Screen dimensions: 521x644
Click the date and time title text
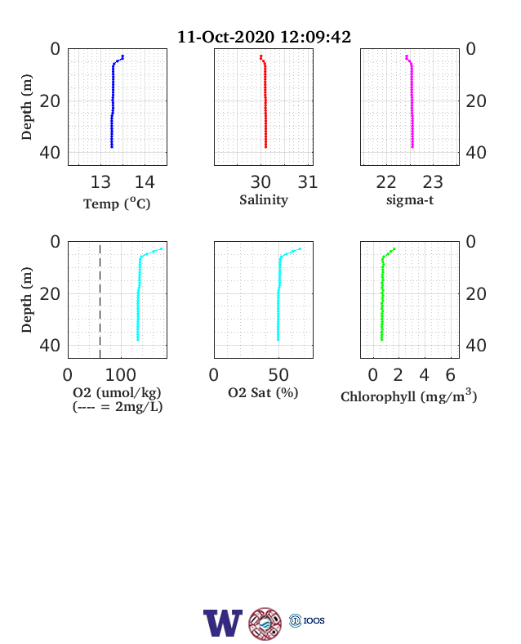pyautogui.click(x=264, y=37)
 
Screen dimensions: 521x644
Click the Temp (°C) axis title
pyautogui.click(x=117, y=203)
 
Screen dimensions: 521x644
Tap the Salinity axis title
pyautogui.click(x=264, y=200)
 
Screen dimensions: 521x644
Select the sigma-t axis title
pyautogui.click(x=410, y=200)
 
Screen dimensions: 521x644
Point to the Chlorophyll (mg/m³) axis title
pyautogui.click(x=408, y=396)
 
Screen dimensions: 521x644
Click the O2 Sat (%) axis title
pyautogui.click(x=263, y=392)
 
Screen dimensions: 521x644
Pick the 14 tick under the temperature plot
pyautogui.click(x=145, y=182)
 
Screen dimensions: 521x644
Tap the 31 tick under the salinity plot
pyautogui.click(x=308, y=182)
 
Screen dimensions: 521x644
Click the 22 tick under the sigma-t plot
pyautogui.click(x=386, y=182)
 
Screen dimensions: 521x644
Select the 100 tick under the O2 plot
pyautogui.click(x=121, y=375)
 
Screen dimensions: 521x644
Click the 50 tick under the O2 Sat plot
pyautogui.click(x=278, y=375)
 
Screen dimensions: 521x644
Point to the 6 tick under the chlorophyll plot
pyautogui.click(x=451, y=375)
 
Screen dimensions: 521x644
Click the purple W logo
pyautogui.click(x=223, y=623)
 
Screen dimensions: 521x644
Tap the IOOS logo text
pyautogui.click(x=314, y=620)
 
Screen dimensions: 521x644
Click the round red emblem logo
pyautogui.click(x=265, y=624)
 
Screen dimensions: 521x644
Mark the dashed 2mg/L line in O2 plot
pyautogui.click(x=100, y=300)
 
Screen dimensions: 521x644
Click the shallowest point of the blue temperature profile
pyautogui.click(x=122, y=56)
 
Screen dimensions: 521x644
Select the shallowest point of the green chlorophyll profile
pyautogui.click(x=394, y=249)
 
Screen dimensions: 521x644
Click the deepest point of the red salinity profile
pyautogui.click(x=266, y=146)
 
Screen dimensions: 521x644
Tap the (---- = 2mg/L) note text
pyautogui.click(x=118, y=407)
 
